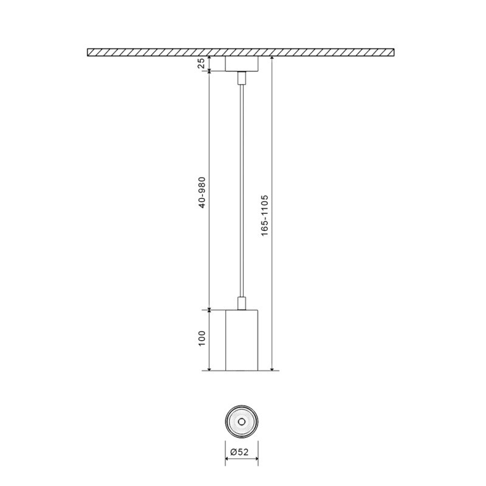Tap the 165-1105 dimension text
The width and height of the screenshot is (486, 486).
coord(265,216)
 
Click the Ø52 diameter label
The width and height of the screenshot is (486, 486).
coord(242,452)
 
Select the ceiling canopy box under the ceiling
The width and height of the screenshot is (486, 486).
coord(242,64)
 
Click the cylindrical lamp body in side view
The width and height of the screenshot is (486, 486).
coord(242,340)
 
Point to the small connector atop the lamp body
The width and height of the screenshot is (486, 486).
coord(242,303)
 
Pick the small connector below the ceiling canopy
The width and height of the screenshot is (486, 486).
coord(242,77)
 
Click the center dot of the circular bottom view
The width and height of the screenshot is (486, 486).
coord(242,421)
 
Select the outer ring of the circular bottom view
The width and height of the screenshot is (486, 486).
coord(227,421)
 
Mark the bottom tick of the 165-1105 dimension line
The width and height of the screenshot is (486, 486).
coord(272,370)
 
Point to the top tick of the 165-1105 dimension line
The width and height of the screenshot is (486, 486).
coord(272,57)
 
